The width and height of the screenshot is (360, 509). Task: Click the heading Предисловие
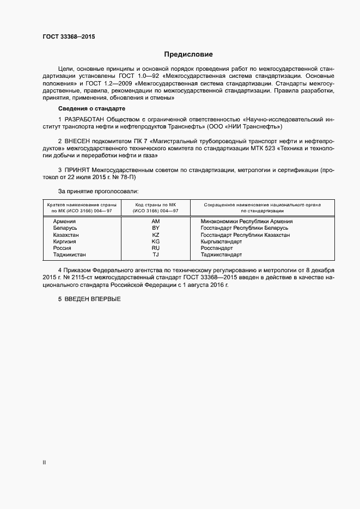pyautogui.click(x=189, y=54)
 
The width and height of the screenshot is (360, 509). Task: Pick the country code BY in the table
pyautogui.click(x=156, y=228)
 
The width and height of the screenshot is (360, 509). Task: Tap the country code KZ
pyautogui.click(x=156, y=235)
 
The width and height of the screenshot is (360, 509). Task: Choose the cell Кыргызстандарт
pyautogui.click(x=221, y=241)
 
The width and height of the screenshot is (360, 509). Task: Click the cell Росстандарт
pyautogui.click(x=216, y=248)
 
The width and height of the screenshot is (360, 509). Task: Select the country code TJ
pyautogui.click(x=156, y=254)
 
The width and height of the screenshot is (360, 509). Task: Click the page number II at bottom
pyautogui.click(x=44, y=463)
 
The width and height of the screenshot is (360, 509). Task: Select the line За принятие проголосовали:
pyautogui.click(x=98, y=192)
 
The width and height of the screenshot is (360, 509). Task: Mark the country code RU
pyautogui.click(x=156, y=248)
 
